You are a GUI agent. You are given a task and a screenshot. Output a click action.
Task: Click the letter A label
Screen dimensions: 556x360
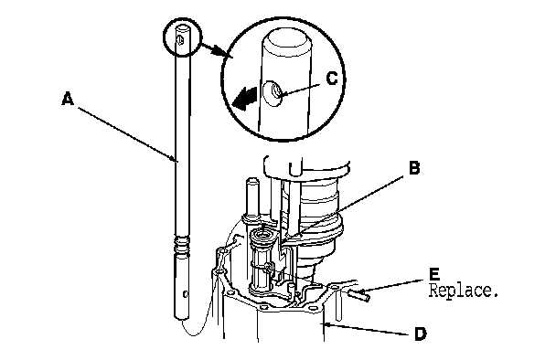pyautogui.click(x=68, y=98)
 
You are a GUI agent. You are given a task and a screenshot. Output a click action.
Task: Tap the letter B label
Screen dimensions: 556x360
pyautogui.click(x=414, y=167)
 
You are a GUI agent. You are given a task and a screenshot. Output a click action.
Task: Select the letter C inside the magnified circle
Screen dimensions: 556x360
pyautogui.click(x=332, y=79)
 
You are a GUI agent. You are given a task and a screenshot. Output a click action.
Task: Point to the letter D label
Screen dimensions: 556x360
pyautogui.click(x=420, y=334)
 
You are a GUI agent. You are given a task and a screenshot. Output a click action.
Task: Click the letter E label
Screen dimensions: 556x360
pyautogui.click(x=434, y=274)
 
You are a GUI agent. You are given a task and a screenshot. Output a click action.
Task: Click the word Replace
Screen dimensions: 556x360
pyautogui.click(x=464, y=291)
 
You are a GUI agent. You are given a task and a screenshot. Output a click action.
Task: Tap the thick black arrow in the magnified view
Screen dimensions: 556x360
pyautogui.click(x=244, y=99)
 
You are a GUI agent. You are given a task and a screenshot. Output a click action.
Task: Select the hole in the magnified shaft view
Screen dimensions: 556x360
pyautogui.click(x=273, y=93)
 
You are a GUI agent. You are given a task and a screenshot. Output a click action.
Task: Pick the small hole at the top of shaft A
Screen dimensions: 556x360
pyautogui.click(x=180, y=40)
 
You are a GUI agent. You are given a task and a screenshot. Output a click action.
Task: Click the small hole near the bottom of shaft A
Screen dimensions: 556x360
pyautogui.click(x=185, y=293)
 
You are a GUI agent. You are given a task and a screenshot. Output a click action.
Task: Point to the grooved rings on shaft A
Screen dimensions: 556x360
pyautogui.click(x=182, y=245)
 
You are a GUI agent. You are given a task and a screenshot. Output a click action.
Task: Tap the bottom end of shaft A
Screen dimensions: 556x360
pyautogui.click(x=182, y=316)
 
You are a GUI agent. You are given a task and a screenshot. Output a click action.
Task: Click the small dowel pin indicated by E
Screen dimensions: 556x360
pyautogui.click(x=359, y=294)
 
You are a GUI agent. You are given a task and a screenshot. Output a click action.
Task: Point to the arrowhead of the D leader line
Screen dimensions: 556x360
pyautogui.click(x=326, y=323)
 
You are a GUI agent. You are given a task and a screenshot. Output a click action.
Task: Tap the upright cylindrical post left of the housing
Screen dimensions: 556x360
pyautogui.click(x=251, y=197)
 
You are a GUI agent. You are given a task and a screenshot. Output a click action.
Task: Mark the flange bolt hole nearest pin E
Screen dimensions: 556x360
pyautogui.click(x=334, y=286)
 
